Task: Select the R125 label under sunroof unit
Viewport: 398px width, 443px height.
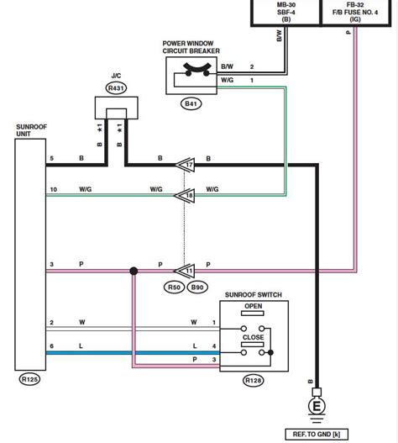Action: click(x=29, y=379)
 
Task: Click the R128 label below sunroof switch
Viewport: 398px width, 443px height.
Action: click(x=253, y=380)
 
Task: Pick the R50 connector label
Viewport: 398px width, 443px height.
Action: click(x=174, y=288)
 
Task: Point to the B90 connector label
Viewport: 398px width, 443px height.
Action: click(x=196, y=288)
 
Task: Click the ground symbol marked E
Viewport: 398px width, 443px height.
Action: click(x=317, y=405)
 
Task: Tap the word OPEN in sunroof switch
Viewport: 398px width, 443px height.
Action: click(x=254, y=307)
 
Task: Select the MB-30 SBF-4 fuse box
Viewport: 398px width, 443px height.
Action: click(x=286, y=12)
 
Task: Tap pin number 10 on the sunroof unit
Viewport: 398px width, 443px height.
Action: click(x=52, y=189)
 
